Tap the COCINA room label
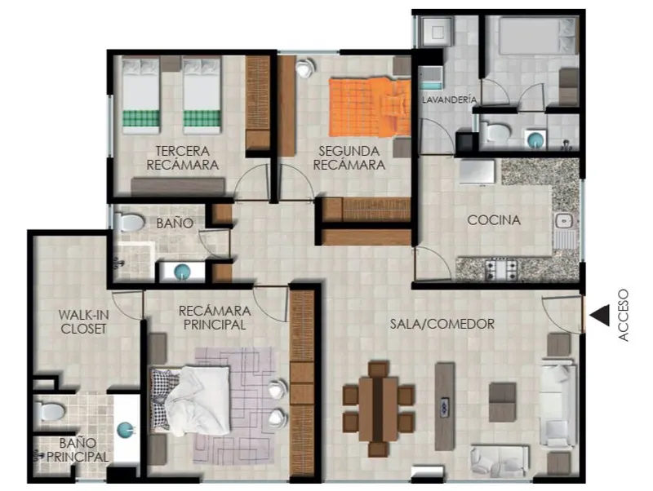pyautogui.click(x=494, y=220)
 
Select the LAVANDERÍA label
pyautogui.click(x=450, y=100)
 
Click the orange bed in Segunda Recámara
pyautogui.click(x=370, y=107)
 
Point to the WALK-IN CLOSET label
pyautogui.click(x=83, y=321)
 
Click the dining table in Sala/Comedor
pyautogui.click(x=378, y=409)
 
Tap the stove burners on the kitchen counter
pyautogui.click(x=501, y=269)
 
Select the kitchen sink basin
pyautogui.click(x=565, y=220)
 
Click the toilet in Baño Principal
pyautogui.click(x=50, y=411)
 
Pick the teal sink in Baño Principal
pyautogui.click(x=126, y=429)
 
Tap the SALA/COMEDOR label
pyautogui.click(x=442, y=324)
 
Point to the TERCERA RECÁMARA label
pyautogui.click(x=182, y=157)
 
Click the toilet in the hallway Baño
pyautogui.click(x=129, y=221)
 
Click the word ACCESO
pyautogui.click(x=623, y=316)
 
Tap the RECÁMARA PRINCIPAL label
pyautogui.click(x=215, y=317)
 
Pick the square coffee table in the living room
pyautogui.click(x=502, y=402)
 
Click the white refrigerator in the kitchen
pyautogui.click(x=478, y=171)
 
